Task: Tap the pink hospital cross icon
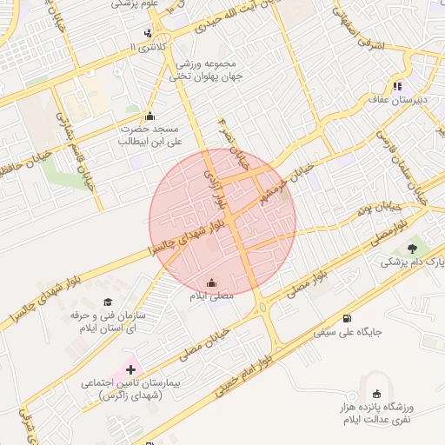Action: [131, 369]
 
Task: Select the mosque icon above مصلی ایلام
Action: [212, 283]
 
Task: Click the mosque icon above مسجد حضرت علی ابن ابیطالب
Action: [149, 116]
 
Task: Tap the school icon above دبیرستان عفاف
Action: [397, 86]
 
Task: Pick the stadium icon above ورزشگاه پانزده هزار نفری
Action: [375, 395]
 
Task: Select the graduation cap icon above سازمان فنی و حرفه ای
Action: [108, 302]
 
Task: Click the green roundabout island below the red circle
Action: [262, 305]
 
